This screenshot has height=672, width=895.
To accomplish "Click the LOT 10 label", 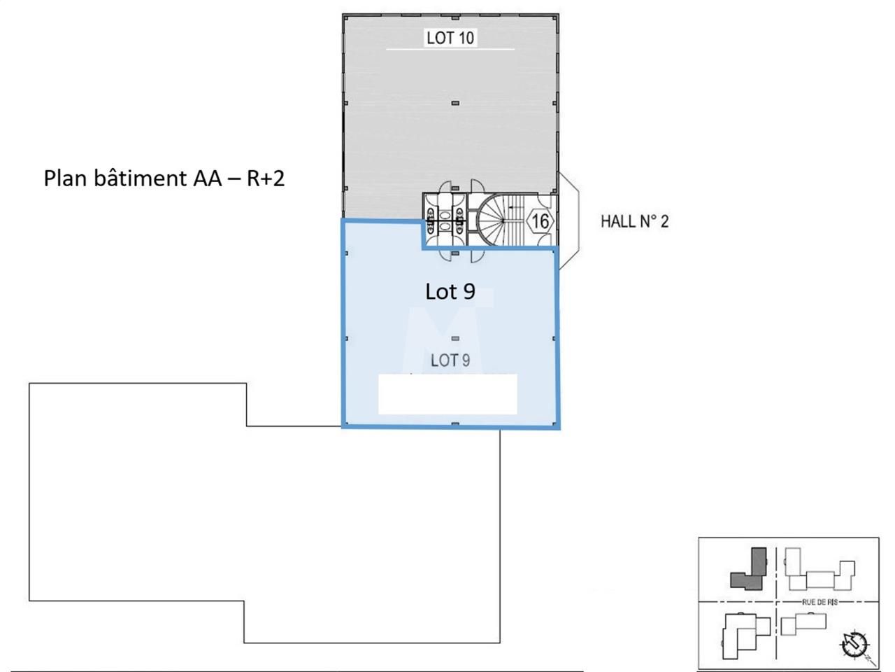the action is [450, 38].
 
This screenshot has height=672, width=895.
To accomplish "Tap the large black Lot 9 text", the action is [450, 291].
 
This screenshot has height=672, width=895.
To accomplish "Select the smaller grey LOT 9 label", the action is [450, 360].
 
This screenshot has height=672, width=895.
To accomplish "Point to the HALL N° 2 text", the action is [634, 222].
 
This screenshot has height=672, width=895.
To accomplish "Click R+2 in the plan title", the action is [266, 178].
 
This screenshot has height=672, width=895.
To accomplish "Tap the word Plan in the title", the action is [65, 178].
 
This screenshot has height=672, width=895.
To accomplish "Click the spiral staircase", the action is [491, 220].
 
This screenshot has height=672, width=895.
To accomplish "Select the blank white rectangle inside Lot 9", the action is [447, 394].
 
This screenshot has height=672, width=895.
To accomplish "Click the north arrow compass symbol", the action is [854, 645].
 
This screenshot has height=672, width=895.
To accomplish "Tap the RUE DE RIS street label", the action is [819, 602].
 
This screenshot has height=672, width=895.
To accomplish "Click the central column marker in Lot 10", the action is [455, 103].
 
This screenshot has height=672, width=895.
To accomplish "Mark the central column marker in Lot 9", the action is [455, 339].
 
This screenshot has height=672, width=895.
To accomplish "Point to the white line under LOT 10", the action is [450, 50].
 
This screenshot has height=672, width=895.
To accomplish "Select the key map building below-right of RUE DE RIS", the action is [803, 623].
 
